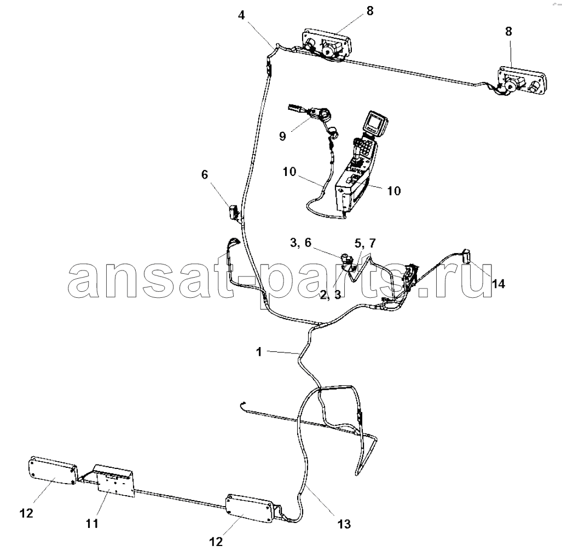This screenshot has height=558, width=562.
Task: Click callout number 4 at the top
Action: (241, 16)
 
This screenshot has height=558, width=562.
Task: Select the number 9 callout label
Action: (282, 136)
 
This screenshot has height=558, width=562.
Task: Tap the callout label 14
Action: (498, 284)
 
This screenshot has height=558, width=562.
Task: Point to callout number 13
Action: (344, 524)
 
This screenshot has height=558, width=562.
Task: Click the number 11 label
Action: (92, 524)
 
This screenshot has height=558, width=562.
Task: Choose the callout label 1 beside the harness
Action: (259, 352)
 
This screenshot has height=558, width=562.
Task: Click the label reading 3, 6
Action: (301, 243)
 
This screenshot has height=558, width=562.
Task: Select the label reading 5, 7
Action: (365, 243)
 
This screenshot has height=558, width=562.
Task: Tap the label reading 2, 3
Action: (331, 295)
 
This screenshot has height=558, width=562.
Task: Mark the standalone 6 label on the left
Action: (205, 175)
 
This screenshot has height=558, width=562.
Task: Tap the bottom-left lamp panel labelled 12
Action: (53, 472)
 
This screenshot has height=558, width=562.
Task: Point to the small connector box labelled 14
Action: (468, 255)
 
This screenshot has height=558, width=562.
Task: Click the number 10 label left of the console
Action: (289, 172)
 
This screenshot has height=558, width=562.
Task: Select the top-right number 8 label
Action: (508, 32)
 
